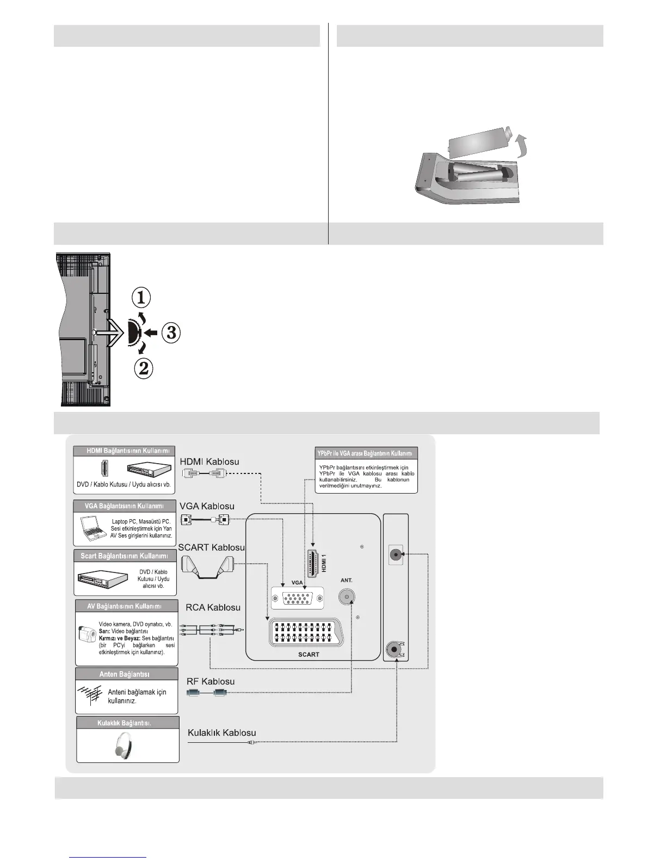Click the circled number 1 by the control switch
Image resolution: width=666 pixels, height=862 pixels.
coord(141,298)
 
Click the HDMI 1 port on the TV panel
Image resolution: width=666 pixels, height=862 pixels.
coord(313,564)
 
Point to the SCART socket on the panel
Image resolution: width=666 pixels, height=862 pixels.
coord(309,632)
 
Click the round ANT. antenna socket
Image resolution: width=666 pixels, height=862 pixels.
coord(346,597)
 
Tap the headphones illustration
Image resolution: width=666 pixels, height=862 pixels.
coord(127,744)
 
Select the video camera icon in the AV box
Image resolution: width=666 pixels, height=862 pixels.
coord(87,633)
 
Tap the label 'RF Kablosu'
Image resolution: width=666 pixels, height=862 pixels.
coord(211,681)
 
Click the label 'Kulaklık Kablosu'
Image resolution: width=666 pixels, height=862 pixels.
coord(221,733)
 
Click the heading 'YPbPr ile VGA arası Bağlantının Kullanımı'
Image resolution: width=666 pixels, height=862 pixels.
coord(366,453)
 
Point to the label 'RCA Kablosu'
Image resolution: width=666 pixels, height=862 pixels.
coord(209,607)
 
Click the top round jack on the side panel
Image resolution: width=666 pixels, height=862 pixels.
coord(396,555)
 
